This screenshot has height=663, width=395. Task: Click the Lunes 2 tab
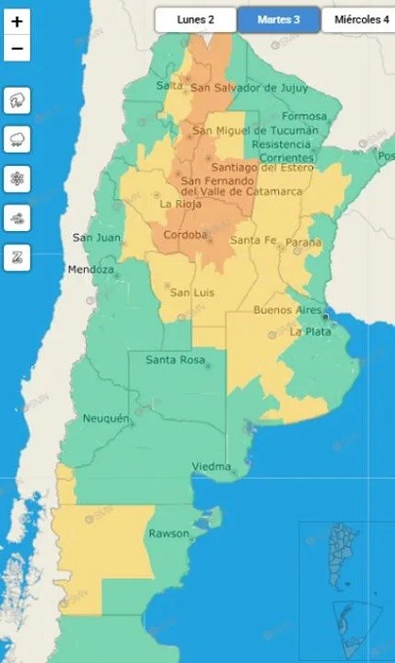tap(195, 19)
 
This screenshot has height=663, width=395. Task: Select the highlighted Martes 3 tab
tap(278, 19)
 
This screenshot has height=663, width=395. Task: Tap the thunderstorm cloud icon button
tap(19, 101)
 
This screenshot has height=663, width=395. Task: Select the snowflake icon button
tap(19, 180)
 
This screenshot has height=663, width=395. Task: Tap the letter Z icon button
tap(19, 258)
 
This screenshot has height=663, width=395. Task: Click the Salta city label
tap(170, 86)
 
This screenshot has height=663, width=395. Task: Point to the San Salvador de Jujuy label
tap(240, 88)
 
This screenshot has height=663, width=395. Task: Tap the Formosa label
tap(303, 116)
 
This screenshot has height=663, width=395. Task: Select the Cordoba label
tap(184, 235)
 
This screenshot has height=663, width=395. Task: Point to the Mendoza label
tap(91, 269)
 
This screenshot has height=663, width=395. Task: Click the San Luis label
tap(192, 292)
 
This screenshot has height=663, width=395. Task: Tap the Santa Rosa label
tap(175, 360)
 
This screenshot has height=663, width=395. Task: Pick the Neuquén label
tap(105, 418)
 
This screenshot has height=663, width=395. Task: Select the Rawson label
tap(169, 534)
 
